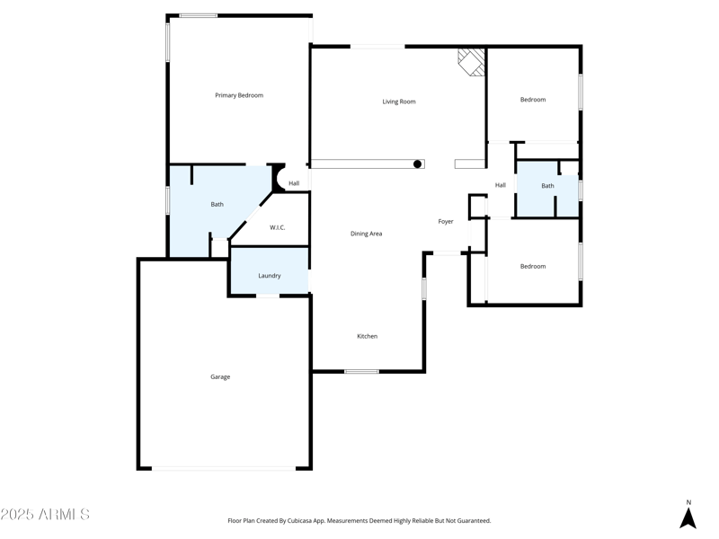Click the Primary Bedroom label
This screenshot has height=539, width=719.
(x=239, y=95)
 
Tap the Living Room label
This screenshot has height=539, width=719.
(x=399, y=102)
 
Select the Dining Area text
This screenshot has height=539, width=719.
(x=366, y=234)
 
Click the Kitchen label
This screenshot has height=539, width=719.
(x=367, y=336)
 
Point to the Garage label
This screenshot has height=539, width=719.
(x=220, y=377)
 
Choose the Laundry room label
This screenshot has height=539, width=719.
(x=270, y=276)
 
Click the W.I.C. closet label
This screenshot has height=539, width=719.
(x=278, y=227)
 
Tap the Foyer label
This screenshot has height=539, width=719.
(x=446, y=221)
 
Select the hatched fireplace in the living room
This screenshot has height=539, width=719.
(x=473, y=61)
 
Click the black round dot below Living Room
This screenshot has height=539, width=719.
(x=418, y=164)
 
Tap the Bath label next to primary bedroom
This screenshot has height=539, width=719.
(x=217, y=205)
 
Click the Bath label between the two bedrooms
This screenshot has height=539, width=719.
(x=547, y=186)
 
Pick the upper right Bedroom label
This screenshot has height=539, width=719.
(x=533, y=100)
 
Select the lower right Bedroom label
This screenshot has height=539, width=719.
(x=533, y=266)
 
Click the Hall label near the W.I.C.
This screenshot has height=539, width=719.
(x=294, y=183)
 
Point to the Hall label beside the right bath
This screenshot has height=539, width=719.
(x=501, y=185)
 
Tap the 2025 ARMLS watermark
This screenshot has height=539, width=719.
(x=45, y=515)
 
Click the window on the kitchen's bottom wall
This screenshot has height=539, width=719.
(x=361, y=371)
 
